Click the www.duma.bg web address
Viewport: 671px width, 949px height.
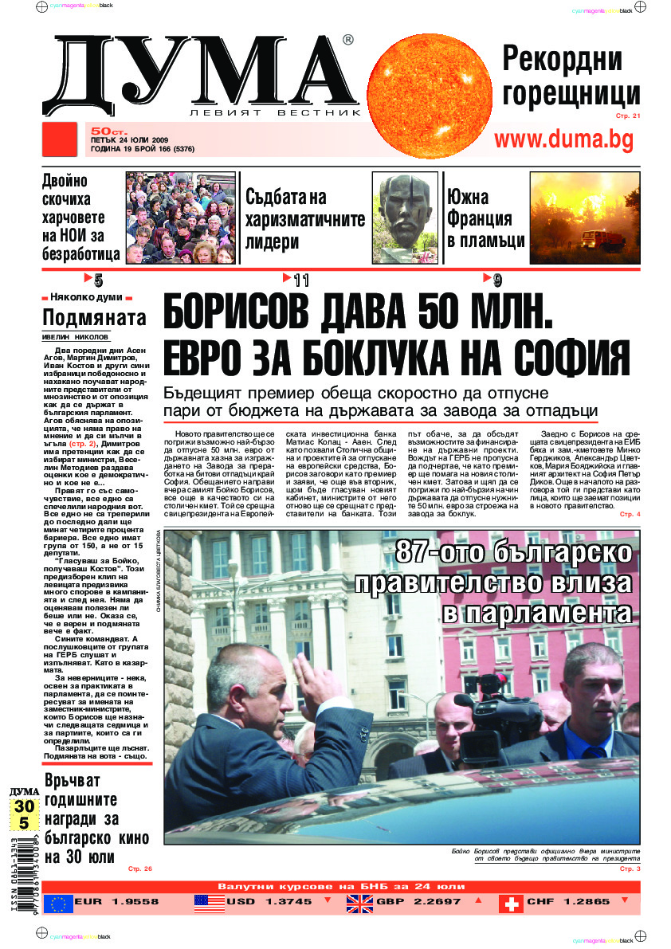click(575, 139)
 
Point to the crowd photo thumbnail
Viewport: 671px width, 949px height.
click(180, 218)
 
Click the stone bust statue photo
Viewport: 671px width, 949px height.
click(405, 218)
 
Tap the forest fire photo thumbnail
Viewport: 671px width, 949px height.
click(584, 218)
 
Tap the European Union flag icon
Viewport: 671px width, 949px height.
click(58, 903)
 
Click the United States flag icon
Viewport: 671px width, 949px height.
click(208, 903)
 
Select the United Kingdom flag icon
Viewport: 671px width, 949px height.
click(359, 903)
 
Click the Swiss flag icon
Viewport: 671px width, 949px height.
click(511, 903)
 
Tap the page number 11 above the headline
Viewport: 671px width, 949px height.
click(300, 280)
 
